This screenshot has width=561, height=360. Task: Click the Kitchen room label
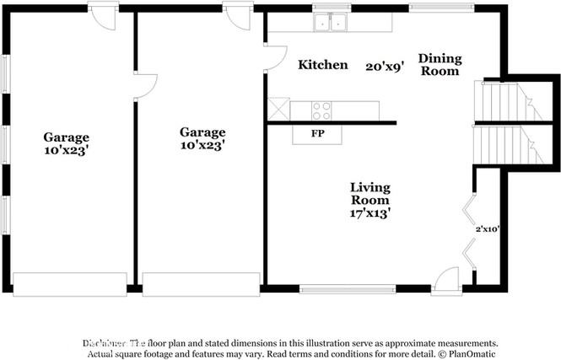pyautogui.click(x=322, y=65)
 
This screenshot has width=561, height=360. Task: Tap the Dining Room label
pyautogui.click(x=440, y=65)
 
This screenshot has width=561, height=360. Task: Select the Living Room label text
pyautogui.click(x=370, y=194)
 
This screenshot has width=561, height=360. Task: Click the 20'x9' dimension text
pyautogui.click(x=385, y=65)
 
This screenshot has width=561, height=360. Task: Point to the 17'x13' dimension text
pyautogui.click(x=370, y=213)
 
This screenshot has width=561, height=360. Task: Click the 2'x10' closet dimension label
pyautogui.click(x=488, y=228)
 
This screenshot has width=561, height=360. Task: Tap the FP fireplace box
pyautogui.click(x=317, y=133)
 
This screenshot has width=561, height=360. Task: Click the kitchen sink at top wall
pyautogui.click(x=331, y=23)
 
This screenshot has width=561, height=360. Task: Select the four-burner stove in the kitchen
pyautogui.click(x=321, y=110)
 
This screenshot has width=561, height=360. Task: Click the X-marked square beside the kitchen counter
pyautogui.click(x=278, y=110)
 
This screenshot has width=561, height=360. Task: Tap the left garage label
pyautogui.click(x=67, y=144)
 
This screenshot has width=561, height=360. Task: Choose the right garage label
pyautogui.click(x=202, y=139)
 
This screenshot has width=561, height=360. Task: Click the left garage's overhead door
pyautogui.click(x=69, y=283)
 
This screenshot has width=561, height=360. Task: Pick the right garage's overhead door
pyautogui.click(x=200, y=283)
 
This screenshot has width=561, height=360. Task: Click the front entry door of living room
pyautogui.click(x=446, y=282)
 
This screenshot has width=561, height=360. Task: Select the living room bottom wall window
pyautogui.click(x=348, y=289)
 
